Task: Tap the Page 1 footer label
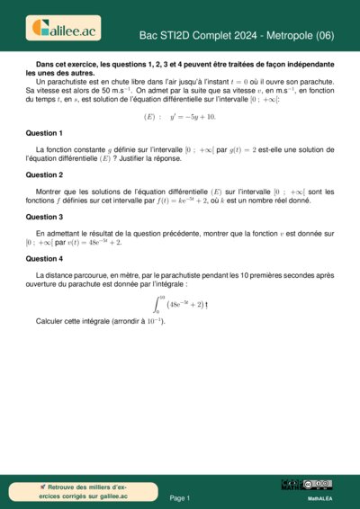[x=180, y=497]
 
